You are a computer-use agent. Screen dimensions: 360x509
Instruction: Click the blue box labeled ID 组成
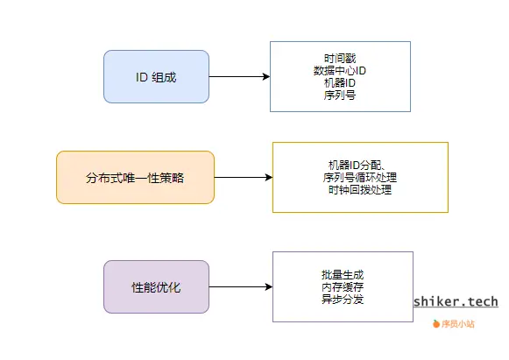pos(156,77)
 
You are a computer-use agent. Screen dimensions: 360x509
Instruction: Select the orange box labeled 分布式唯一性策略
pos(135,178)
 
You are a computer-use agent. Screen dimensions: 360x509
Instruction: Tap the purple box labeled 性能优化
pos(156,286)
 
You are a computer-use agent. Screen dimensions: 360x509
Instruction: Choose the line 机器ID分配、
pos(360,165)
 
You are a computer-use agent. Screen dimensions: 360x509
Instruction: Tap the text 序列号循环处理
pos(360,177)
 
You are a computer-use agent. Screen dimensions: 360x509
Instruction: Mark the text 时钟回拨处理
pos(360,189)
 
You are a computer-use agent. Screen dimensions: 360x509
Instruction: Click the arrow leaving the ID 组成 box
pos(238,77)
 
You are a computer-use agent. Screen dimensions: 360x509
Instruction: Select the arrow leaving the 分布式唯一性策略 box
pos(243,178)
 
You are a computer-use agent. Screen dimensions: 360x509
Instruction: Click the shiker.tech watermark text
pos(456,301)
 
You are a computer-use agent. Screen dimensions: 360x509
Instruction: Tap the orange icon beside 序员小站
pos(437,324)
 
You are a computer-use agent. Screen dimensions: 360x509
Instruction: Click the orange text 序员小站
pos(459,324)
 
